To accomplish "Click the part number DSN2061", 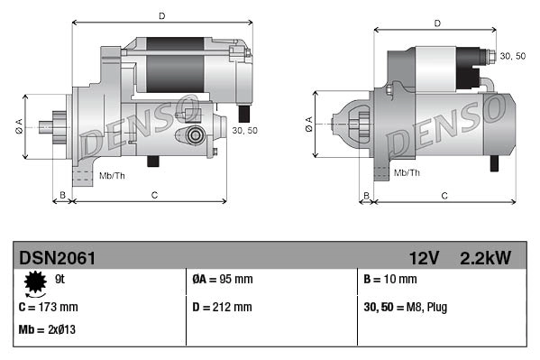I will pos(57,258).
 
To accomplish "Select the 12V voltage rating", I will pos(424,258).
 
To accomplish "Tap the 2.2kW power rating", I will pos(486,258).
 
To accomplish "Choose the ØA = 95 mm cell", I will pos(223,280).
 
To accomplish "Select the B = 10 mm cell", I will pos(391,280).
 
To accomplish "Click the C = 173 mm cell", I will pos(49,307).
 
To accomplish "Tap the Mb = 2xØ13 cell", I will pos(47,329).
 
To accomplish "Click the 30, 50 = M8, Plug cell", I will pos(406,307).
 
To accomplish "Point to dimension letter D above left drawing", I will pos(161,16).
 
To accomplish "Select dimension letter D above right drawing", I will pos(435,23).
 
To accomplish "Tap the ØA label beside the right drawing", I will pos(309,125).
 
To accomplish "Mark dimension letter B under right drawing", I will pos(365,195).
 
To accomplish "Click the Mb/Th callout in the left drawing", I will pos(113,174).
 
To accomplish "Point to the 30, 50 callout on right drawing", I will pos(512,56).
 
